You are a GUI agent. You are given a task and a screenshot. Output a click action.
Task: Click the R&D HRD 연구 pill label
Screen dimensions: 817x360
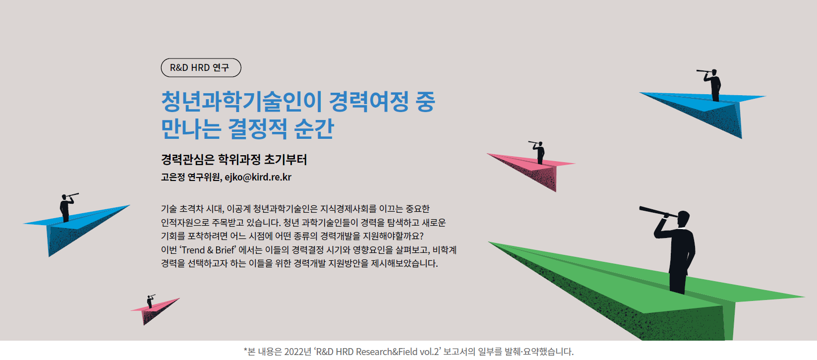coord(201,67)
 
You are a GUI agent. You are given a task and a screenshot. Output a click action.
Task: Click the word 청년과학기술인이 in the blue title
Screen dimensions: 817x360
coord(241,101)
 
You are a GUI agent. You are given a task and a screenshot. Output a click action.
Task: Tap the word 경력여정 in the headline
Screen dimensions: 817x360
coord(369,101)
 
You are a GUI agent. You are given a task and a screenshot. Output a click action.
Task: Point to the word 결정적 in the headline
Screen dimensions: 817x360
coord(257,128)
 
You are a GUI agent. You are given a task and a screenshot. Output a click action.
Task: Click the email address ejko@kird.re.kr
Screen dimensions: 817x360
coord(258,177)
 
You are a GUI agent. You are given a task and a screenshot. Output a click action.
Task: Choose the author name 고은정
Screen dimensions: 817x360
coord(173,177)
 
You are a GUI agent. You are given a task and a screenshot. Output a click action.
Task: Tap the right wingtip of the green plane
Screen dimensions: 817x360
coord(805,297)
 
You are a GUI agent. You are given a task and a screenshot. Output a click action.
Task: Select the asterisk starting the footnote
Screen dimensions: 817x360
coord(245,350)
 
